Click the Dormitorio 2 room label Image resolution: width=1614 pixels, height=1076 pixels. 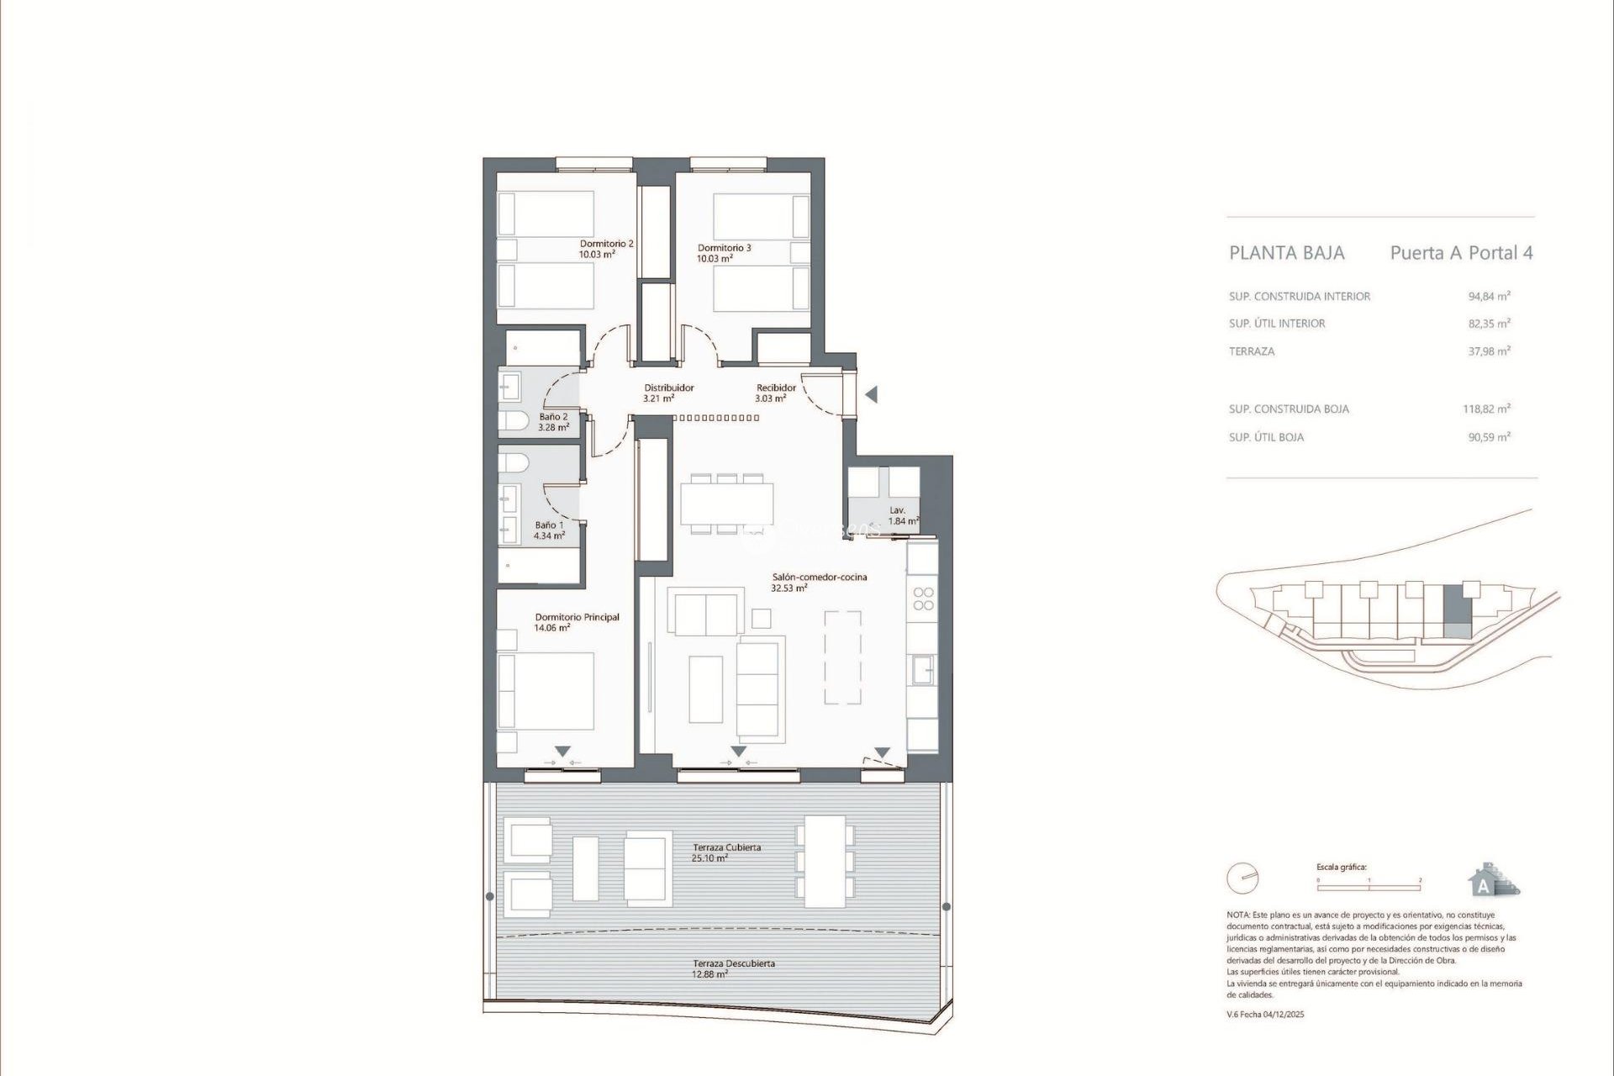pos(606,244)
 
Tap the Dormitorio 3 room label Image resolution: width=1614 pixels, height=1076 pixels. pos(724,248)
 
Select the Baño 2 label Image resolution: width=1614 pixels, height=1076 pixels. pos(553,417)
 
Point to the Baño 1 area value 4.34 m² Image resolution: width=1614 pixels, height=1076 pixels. pos(549,535)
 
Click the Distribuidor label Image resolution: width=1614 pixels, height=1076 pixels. pos(669,388)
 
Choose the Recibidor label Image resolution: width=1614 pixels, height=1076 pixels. pos(776,388)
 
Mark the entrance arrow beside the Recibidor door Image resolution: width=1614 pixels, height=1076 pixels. pos(872,394)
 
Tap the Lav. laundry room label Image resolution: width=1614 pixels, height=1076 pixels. pos(897,510)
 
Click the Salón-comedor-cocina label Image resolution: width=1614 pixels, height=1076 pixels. pos(820,578)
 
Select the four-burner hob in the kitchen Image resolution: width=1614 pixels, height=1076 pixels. pos(923,599)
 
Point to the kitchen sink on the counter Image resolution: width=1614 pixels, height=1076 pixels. pos(922,669)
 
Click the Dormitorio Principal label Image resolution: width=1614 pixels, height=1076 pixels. pos(577,617)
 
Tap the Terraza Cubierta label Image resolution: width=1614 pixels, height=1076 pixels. pos(726,847)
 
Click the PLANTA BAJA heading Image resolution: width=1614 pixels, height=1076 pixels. pos(1286,253)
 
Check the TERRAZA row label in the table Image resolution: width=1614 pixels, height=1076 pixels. pos(1251,351)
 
